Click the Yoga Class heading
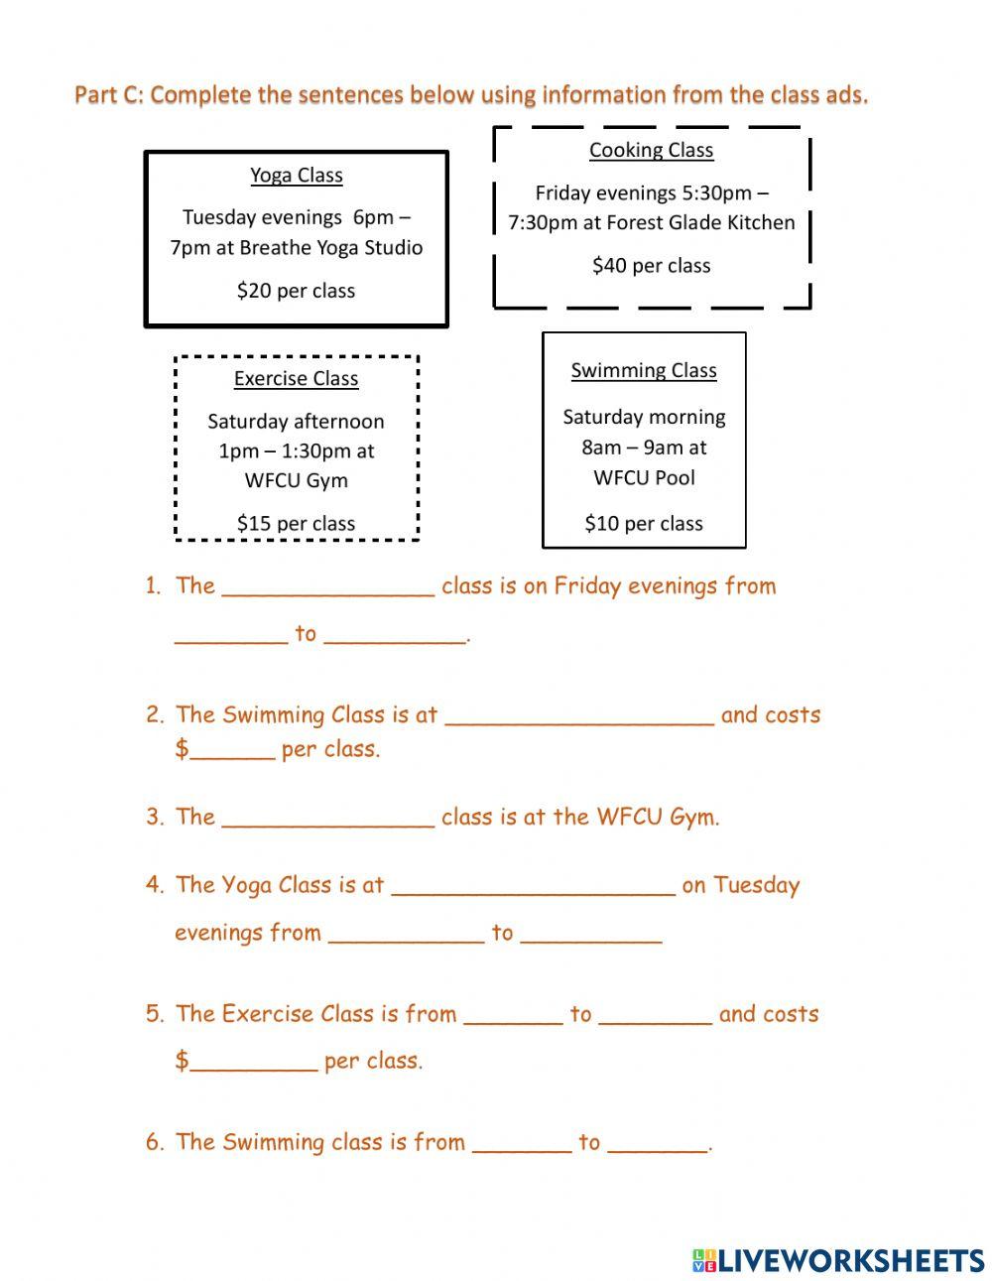tap(296, 176)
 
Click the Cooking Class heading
tap(651, 150)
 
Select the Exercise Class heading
tap(296, 379)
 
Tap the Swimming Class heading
tap(643, 370)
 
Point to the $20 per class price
tap(296, 291)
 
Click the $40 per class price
tap(651, 265)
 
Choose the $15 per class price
tap(296, 523)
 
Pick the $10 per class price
tap(643, 523)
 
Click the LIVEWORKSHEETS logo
tap(838, 1260)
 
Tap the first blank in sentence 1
tap(328, 588)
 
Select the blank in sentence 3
tap(328, 820)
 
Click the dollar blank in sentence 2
tap(232, 751)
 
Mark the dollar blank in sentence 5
tap(253, 1063)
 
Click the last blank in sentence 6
tap(658, 1144)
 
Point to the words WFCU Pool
tap(644, 477)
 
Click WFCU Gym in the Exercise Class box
tap(296, 480)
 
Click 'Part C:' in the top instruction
tap(108, 95)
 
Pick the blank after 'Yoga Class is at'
tap(533, 887)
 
